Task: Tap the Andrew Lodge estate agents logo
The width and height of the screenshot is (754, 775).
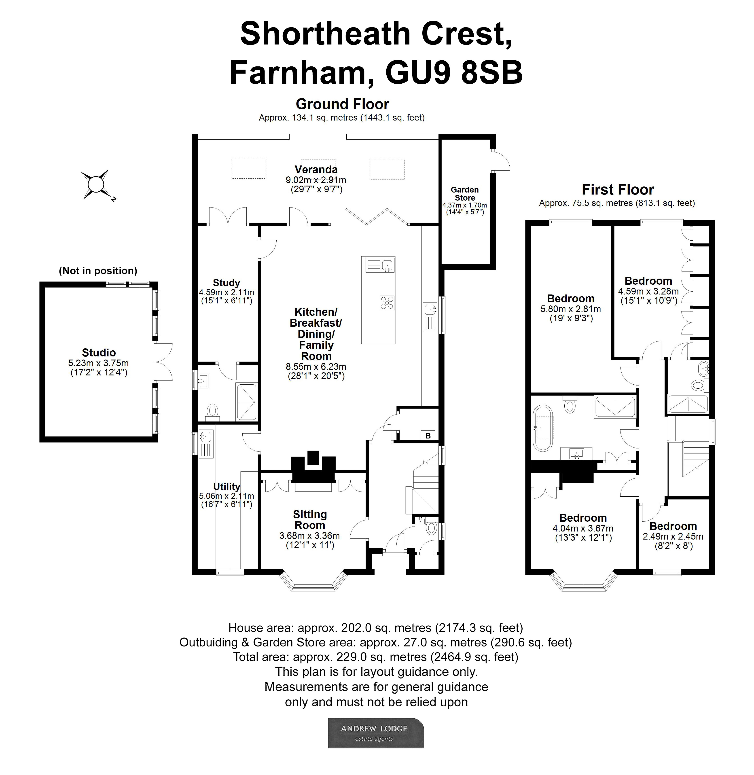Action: click(376, 733)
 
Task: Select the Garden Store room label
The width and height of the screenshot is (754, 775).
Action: click(464, 194)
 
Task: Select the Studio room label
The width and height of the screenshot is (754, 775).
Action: click(99, 352)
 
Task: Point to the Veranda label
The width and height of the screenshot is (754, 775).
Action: click(316, 169)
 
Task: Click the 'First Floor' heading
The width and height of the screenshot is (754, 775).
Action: click(617, 189)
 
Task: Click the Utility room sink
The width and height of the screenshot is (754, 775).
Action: click(205, 437)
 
